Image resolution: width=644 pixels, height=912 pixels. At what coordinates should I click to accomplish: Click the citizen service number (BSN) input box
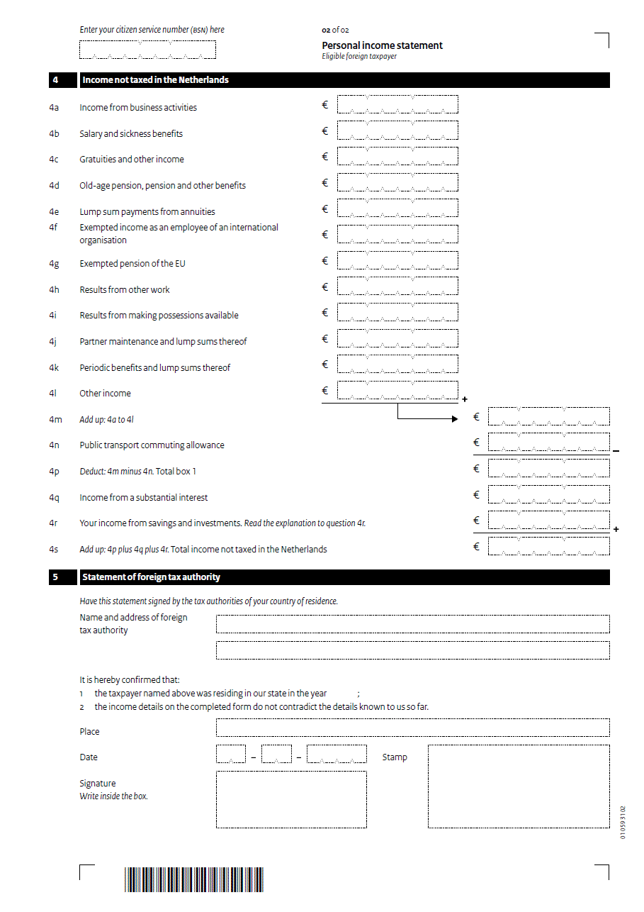point(147,50)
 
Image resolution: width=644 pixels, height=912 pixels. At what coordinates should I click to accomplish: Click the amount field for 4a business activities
point(397,105)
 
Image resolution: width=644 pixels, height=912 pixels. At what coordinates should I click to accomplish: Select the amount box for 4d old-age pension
point(397,183)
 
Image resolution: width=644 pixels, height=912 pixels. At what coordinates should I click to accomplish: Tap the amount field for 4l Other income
point(397,391)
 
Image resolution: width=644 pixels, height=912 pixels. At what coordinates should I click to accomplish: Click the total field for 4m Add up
point(548,417)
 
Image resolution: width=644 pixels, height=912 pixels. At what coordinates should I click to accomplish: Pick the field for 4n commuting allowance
point(548,443)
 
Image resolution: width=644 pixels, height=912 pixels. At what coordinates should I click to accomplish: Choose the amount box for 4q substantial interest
point(548,495)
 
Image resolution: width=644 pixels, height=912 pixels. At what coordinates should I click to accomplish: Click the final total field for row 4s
point(548,547)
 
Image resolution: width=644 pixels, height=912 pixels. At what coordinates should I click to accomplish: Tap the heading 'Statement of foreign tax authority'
point(151,577)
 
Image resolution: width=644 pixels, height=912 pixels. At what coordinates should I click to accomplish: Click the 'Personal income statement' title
point(382,45)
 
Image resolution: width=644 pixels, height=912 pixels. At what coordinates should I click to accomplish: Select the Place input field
point(412,728)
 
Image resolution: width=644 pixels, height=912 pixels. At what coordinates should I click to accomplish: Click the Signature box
point(291,800)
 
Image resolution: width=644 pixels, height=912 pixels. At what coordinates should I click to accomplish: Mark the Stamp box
point(519,786)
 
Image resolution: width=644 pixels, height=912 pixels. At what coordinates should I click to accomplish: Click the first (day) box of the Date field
point(231,755)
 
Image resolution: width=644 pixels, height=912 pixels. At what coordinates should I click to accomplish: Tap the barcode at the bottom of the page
point(193,880)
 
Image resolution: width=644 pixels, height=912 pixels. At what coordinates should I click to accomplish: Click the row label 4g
point(54,264)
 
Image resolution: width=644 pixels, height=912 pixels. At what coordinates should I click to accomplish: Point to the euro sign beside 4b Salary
point(325,131)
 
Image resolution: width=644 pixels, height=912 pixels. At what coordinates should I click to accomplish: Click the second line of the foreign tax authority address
point(412,650)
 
